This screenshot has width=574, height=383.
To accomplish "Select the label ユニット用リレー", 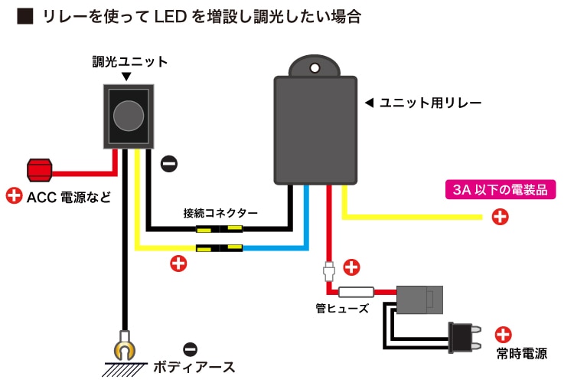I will tap(429, 102).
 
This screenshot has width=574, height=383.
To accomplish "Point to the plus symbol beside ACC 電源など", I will tap(14, 196).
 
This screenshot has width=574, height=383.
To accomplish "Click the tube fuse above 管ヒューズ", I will tap(355, 293).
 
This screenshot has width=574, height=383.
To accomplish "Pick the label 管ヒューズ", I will tap(343, 309).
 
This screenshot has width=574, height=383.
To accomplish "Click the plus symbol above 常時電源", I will tap(503, 334).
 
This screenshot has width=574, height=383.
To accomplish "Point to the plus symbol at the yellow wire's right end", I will tap(499, 217).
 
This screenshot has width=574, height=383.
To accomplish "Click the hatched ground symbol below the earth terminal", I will tap(125, 368).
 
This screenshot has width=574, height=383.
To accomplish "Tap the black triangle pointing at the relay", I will tap(368, 102).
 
